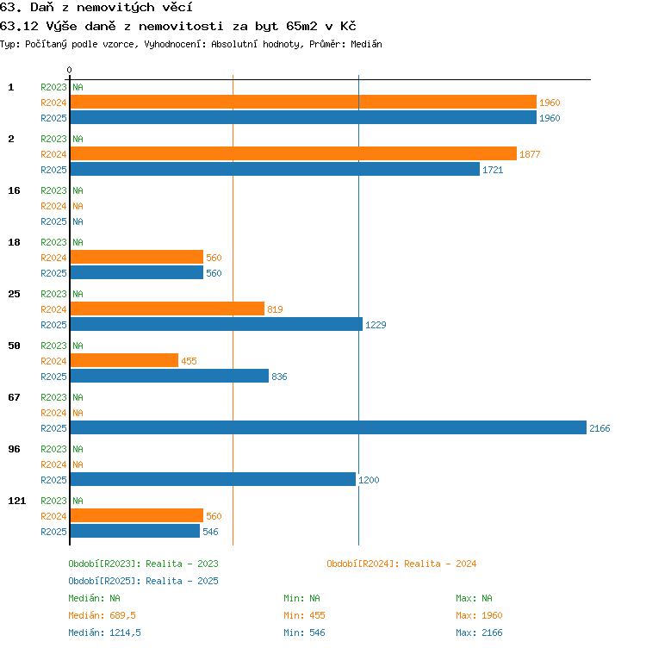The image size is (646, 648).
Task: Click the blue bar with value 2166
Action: click(x=328, y=427)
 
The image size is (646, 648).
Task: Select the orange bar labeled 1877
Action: click(x=294, y=153)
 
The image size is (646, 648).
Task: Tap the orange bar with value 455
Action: click(x=124, y=360)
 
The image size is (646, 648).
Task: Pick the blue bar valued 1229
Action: click(x=216, y=324)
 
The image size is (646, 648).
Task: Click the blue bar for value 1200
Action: click(x=213, y=479)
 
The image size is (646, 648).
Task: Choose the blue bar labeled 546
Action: click(x=135, y=531)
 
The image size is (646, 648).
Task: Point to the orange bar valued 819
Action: click(x=167, y=308)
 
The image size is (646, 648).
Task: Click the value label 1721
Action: click(x=493, y=170)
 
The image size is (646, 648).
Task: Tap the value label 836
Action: click(x=279, y=377)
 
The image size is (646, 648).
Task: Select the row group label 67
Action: click(x=14, y=397)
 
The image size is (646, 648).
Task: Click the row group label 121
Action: click(x=17, y=501)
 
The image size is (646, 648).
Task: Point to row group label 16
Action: click(x=14, y=190)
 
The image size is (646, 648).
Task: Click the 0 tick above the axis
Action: click(x=69, y=70)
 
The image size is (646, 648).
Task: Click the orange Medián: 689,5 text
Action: click(x=102, y=615)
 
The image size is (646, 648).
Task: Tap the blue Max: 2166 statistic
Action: click(x=479, y=632)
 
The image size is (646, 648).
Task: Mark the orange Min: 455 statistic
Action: click(x=304, y=615)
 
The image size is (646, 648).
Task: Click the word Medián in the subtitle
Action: click(x=366, y=44)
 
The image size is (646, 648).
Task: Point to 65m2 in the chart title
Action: click(x=301, y=26)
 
